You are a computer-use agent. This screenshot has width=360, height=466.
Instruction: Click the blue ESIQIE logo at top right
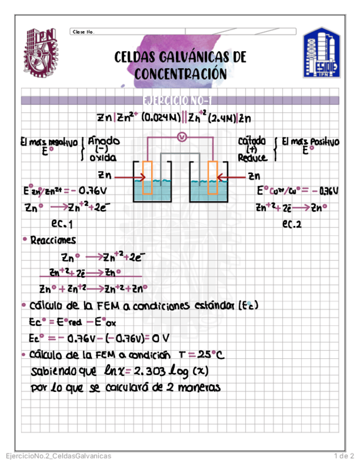pos(322,54)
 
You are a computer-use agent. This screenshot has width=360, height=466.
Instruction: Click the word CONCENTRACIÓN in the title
pos(180,74)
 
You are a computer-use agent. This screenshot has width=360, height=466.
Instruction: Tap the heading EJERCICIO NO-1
pos(180,101)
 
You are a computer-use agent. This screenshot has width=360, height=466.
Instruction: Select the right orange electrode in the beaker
pos(212,177)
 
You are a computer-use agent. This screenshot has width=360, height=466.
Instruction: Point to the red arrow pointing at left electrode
pos(130,177)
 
